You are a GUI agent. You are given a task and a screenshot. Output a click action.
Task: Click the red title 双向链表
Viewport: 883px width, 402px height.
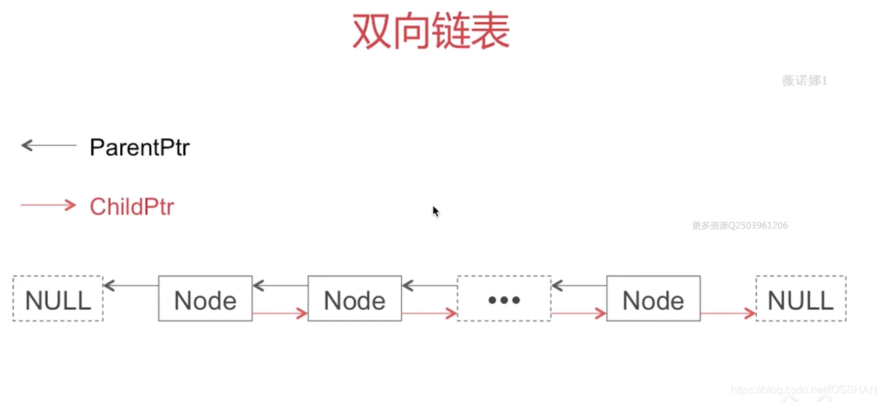431,32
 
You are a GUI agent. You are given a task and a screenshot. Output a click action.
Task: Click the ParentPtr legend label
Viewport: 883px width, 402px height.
139,147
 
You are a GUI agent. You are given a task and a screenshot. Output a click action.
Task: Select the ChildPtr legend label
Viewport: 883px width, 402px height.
132,206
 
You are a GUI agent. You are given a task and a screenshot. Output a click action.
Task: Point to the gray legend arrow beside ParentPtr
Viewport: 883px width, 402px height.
48,145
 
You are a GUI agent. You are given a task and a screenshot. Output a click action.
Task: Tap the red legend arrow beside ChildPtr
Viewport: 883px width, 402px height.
48,205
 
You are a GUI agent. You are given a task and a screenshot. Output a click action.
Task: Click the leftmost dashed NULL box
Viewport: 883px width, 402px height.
58,299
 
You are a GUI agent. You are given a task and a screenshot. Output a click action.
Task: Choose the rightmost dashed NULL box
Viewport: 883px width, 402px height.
800,299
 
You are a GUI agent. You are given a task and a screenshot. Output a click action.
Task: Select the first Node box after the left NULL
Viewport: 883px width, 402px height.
205,299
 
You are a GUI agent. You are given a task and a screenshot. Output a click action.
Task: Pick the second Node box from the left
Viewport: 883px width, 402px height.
355,299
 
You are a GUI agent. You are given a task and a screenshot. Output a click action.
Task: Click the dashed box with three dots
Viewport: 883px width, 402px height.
504,299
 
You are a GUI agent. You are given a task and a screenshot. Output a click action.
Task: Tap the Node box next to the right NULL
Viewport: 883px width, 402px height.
653,299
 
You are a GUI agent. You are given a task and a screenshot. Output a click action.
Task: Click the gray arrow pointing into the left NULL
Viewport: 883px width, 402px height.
130,286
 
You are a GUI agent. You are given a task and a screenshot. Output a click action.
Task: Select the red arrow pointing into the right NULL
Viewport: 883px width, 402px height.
728,313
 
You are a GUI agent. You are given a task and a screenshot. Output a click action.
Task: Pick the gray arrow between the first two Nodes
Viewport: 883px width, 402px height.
280,286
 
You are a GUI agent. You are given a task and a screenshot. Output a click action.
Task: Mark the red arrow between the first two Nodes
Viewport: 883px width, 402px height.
280,313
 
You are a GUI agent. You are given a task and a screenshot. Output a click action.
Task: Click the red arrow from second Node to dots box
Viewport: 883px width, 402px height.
429,313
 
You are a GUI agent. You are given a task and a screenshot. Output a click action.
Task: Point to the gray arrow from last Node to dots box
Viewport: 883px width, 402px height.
579,286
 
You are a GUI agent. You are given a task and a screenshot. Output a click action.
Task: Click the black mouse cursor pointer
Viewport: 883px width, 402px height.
435,211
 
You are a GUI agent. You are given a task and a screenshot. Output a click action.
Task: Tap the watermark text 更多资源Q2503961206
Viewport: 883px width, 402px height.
740,226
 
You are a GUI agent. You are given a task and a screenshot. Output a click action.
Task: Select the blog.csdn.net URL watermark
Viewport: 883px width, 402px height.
804,390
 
